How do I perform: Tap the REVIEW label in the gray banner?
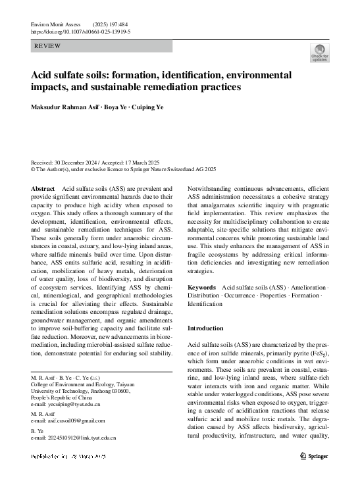48,46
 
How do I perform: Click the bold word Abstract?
43,188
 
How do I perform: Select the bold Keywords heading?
201,288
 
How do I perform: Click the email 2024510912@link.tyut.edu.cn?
78,437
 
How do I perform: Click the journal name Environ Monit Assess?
59,23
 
